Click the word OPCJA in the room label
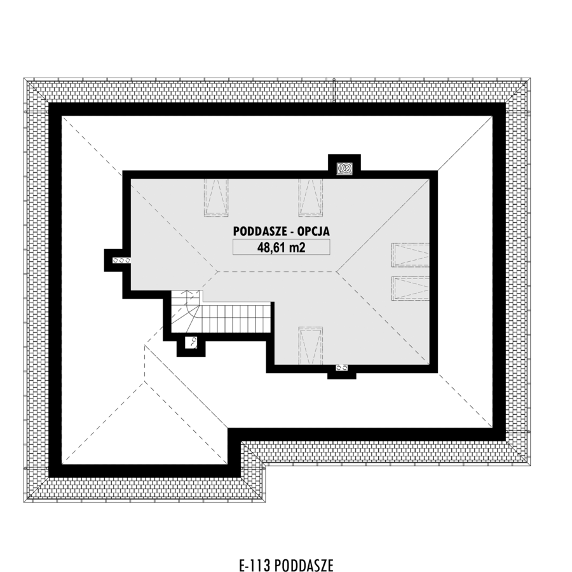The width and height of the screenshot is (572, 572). [x=313, y=231]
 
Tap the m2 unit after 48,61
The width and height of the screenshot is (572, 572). [x=297, y=248]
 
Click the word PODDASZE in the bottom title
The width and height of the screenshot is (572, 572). [x=304, y=565]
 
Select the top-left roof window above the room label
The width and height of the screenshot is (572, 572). [x=216, y=198]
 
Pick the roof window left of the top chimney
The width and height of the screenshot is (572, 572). [x=311, y=198]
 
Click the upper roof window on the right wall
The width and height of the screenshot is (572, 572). [x=411, y=255]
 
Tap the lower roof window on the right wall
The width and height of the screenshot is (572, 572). [x=411, y=289]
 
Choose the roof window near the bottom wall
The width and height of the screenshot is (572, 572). [x=311, y=346]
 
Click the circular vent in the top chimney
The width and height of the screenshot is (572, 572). [x=344, y=168]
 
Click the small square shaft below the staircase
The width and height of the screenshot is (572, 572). [x=191, y=343]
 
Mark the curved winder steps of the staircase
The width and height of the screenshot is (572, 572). [x=186, y=312]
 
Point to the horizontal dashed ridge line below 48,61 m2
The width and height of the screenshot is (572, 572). [x=277, y=272]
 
